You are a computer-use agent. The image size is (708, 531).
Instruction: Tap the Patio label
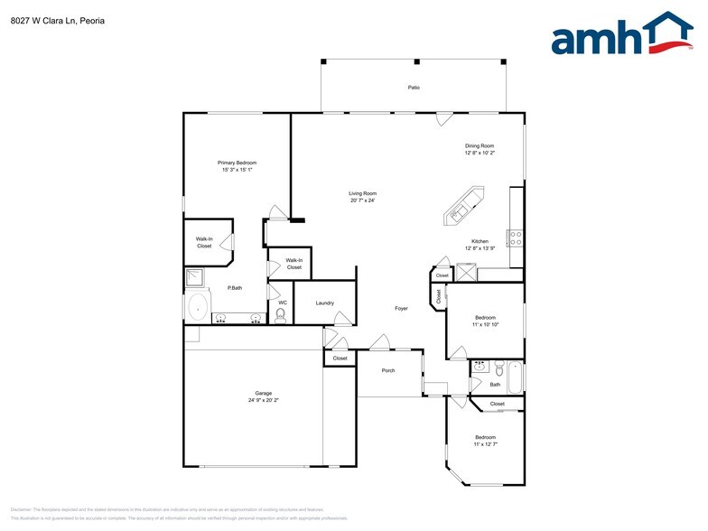[414, 88]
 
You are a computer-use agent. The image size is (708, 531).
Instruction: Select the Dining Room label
[480, 145]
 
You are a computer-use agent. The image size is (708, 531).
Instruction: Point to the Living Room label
[363, 193]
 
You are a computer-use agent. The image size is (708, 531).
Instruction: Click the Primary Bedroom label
[237, 163]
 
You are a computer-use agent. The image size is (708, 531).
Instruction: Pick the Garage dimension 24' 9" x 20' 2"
[263, 400]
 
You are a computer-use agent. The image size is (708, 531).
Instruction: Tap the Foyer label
[401, 308]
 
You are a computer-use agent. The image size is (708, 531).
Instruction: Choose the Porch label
[388, 370]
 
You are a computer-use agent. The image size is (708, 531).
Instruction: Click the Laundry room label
[325, 303]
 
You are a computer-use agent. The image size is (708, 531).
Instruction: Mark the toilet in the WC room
[280, 315]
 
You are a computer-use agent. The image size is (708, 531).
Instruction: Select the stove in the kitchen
[516, 238]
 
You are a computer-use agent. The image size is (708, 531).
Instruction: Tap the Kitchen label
[480, 241]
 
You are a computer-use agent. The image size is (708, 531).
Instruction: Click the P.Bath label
[234, 288]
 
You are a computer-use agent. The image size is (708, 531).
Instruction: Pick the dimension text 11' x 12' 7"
[486, 444]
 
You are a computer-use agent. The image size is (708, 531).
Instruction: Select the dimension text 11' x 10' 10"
[485, 324]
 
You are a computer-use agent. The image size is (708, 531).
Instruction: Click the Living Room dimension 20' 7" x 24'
[363, 200]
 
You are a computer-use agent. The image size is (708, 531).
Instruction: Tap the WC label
[282, 303]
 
